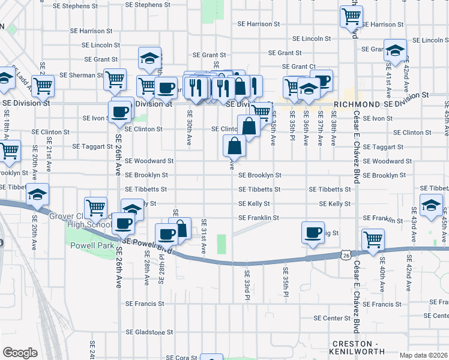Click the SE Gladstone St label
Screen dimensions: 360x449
coord(149,332)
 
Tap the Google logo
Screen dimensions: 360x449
coord(20,353)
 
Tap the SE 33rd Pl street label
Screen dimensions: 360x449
coord(247,281)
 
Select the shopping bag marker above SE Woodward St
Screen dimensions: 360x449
coord(234,146)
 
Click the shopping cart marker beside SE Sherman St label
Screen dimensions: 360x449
coord(114,80)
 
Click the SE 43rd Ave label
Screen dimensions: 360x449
coord(414,221)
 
